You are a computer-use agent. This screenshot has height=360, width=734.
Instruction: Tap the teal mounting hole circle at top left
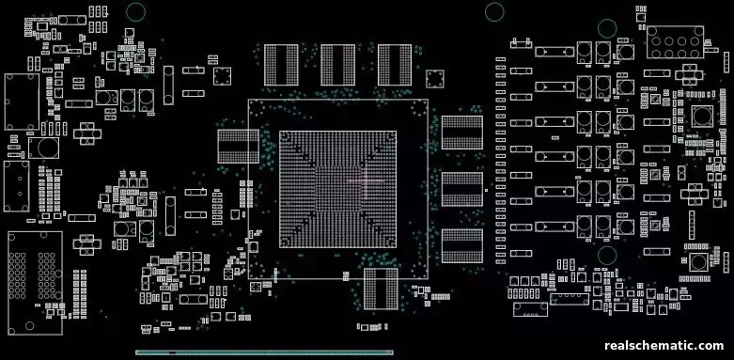[x=135, y=12]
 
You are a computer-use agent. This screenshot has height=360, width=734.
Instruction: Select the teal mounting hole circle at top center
[x=494, y=11]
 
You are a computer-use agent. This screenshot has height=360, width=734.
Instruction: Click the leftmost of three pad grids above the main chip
[x=279, y=66]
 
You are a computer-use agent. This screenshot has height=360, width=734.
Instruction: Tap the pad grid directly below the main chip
[x=381, y=288]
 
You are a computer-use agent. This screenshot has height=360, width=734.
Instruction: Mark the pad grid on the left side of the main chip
[x=238, y=149]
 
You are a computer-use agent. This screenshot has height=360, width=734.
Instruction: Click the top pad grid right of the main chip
[x=461, y=133]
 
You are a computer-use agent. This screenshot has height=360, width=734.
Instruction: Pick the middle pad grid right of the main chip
[x=461, y=190]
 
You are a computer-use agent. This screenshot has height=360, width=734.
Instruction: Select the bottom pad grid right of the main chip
[x=461, y=247]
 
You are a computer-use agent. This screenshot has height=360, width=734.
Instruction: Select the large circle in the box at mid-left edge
[x=42, y=148]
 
